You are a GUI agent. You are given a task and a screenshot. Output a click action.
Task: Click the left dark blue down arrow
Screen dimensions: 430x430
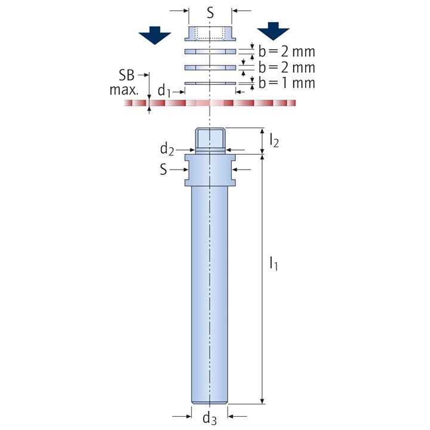tap(155, 35)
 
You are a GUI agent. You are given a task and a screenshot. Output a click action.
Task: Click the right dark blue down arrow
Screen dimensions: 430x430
tap(273, 31)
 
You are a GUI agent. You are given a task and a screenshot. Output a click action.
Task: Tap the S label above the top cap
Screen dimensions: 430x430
tap(210, 13)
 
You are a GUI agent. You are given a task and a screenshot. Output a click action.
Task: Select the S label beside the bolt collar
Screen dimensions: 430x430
tap(164, 170)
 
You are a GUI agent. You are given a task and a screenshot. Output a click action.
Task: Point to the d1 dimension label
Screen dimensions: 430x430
tap(164, 91)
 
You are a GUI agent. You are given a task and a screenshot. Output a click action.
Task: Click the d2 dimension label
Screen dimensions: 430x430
tap(167, 149)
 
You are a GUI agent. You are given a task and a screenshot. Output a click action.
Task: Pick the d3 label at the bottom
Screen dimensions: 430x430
tap(210, 418)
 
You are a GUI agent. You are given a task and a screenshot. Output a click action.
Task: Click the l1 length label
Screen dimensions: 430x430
tap(274, 263)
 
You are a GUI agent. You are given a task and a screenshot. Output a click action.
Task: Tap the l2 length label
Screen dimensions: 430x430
tap(274, 140)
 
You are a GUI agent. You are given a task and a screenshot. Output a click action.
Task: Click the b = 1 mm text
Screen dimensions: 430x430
tap(287, 83)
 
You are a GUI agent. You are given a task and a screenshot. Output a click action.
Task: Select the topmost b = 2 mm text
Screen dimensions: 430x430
tap(287, 51)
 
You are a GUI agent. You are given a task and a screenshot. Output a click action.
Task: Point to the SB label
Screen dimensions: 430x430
tap(127, 75)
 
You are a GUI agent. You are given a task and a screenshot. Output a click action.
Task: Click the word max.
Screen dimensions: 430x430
tap(124, 90)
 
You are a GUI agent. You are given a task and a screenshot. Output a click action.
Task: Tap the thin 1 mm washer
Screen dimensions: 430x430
tap(210, 83)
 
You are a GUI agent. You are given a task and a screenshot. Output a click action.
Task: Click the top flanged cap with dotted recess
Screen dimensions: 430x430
tap(210, 33)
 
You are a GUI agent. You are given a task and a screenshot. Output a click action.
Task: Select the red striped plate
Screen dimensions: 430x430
tap(210, 103)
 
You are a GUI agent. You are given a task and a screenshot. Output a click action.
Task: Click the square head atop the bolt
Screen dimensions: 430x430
tap(210, 139)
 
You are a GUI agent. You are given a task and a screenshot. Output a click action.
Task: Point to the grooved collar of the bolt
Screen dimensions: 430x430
tap(210, 170)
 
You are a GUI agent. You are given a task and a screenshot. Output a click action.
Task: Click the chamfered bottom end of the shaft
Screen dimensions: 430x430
tap(210, 402)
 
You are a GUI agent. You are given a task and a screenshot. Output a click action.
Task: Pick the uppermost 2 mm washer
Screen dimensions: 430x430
tap(210, 51)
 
